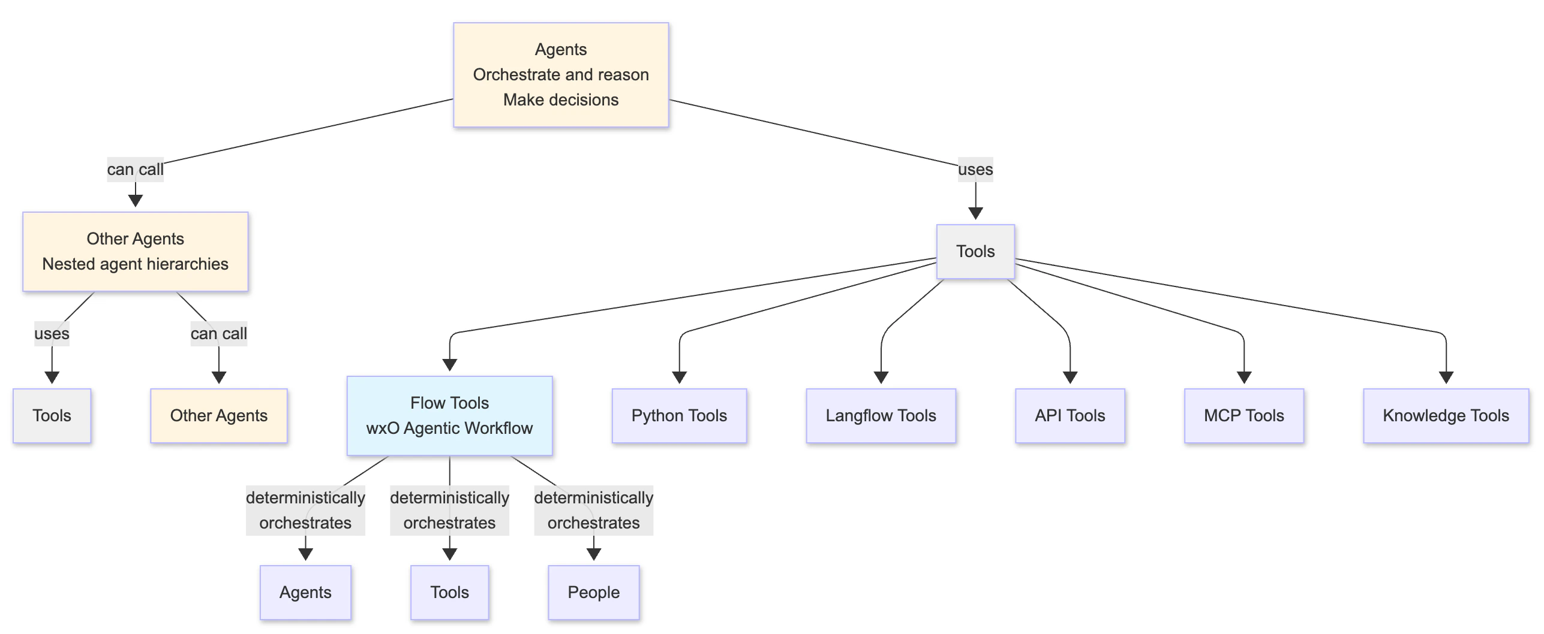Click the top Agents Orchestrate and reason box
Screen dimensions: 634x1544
[560, 75]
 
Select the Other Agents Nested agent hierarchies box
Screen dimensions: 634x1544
[135, 252]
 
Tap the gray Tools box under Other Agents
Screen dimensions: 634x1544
[52, 416]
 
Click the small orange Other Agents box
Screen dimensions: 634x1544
[218, 416]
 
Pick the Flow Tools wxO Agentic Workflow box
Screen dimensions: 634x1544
[449, 416]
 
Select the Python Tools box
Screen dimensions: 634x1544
[679, 416]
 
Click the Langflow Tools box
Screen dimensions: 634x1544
[881, 416]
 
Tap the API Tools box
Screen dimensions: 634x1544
[1070, 416]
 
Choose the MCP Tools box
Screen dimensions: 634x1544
[1243, 416]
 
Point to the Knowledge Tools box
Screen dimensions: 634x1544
[1446, 416]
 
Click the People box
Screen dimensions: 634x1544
[593, 593]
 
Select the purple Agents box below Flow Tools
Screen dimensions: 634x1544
[305, 593]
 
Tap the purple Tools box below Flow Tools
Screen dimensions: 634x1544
[449, 593]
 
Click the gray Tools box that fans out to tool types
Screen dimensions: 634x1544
[975, 252]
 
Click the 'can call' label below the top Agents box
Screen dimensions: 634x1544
[135, 170]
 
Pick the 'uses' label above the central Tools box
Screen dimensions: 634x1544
[975, 170]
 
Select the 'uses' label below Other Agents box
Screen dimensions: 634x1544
[52, 334]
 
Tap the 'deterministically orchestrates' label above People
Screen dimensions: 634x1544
[593, 511]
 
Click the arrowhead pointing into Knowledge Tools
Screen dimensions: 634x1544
[1446, 378]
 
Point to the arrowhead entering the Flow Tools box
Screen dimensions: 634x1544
[449, 365]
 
